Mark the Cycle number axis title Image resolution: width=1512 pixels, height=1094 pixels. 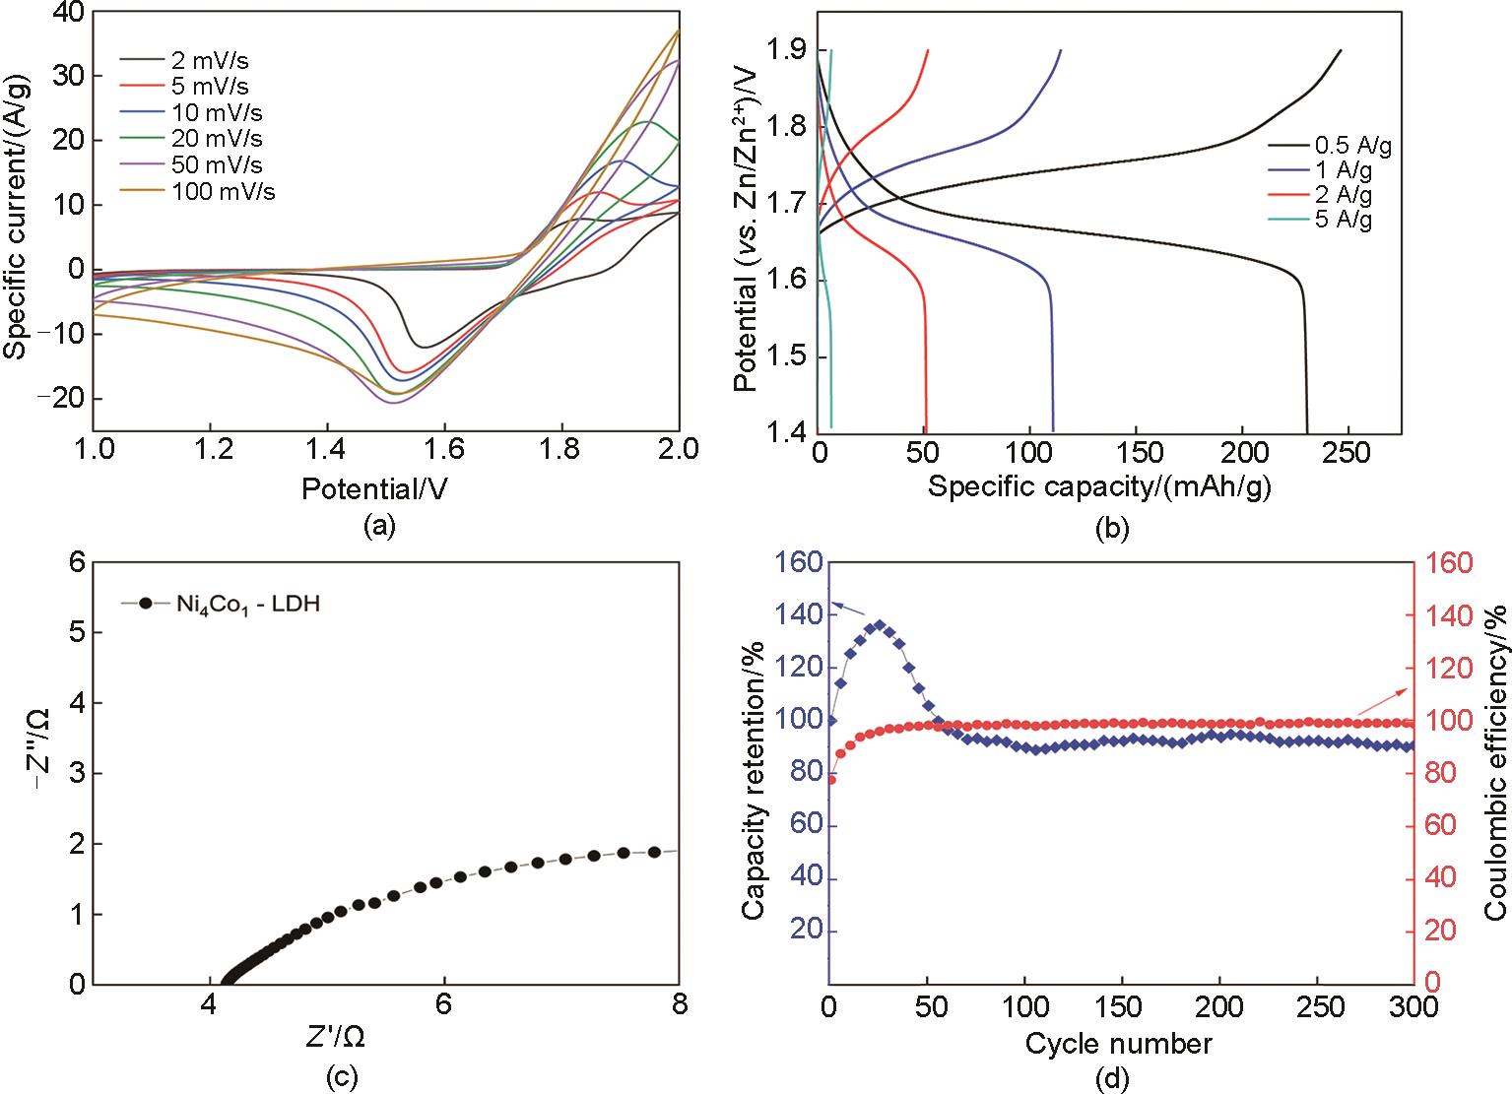click(x=1119, y=1042)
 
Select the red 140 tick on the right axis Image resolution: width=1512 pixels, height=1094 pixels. click(x=1446, y=616)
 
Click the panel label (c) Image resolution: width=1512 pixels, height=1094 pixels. click(x=342, y=1079)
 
